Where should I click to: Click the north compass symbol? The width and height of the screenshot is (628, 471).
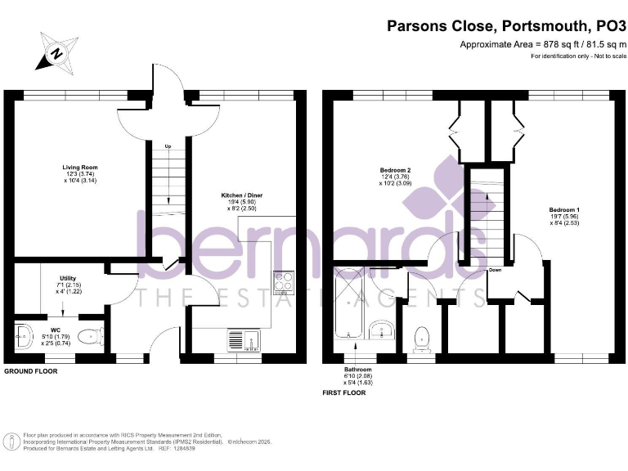click(x=56, y=53)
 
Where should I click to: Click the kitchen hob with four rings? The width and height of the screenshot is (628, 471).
click(x=284, y=283)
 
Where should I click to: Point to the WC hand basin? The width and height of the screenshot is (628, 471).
click(x=24, y=334)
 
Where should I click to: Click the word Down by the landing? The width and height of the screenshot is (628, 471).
click(x=495, y=270)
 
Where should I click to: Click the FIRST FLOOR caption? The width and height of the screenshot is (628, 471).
click(x=343, y=392)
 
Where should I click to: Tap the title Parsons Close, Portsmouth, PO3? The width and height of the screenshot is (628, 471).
click(x=507, y=27)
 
